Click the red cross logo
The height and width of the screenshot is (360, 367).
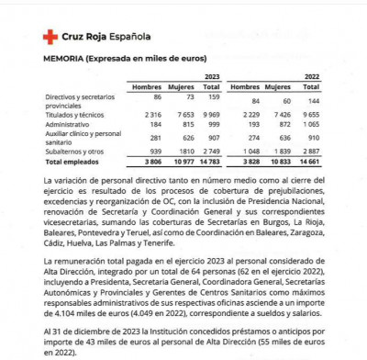50,37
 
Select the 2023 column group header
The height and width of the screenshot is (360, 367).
213,77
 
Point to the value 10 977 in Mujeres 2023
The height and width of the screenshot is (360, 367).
178,160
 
